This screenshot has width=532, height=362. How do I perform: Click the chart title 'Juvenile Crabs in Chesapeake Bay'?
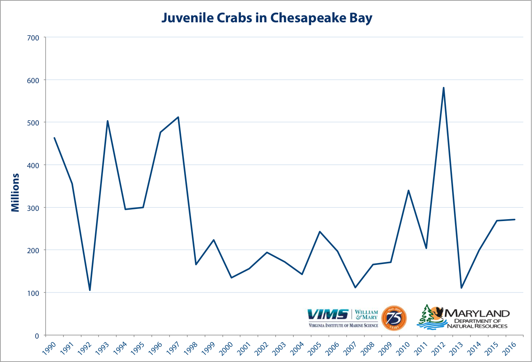267,18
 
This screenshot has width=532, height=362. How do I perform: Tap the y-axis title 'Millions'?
15,192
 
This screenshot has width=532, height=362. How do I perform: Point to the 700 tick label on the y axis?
33,38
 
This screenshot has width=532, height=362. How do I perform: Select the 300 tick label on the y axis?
33,208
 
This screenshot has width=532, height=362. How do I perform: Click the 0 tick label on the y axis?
37,336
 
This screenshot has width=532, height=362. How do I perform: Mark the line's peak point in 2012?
444,88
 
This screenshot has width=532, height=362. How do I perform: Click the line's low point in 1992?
90,290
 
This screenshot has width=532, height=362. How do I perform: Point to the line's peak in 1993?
108,121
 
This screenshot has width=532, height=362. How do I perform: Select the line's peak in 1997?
178,117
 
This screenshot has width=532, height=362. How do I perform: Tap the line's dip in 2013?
461,288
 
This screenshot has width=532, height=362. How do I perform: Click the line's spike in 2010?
408,190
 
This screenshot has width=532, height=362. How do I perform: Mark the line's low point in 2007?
355,288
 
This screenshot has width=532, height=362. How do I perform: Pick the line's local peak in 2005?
320,232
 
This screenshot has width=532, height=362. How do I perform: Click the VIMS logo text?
328,314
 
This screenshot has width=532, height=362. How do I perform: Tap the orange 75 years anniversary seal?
394,318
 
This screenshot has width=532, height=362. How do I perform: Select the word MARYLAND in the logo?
477,313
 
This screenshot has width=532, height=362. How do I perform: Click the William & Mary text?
366,315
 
